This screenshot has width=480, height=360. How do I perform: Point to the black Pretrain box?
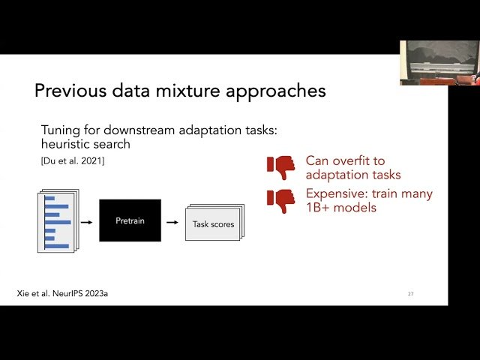point(130,220)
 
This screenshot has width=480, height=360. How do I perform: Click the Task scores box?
point(214,223)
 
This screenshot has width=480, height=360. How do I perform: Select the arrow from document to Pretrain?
point(86,221)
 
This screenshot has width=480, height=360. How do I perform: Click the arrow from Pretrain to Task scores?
point(172,222)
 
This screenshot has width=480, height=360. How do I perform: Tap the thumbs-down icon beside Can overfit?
point(281,167)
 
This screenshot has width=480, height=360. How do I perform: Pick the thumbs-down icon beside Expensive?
point(281,201)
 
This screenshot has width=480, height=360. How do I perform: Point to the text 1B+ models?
point(340,208)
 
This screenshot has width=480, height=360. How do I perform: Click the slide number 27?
point(410,293)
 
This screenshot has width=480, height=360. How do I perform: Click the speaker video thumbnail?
point(439,63)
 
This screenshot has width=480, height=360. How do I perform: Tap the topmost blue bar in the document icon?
point(49,198)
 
